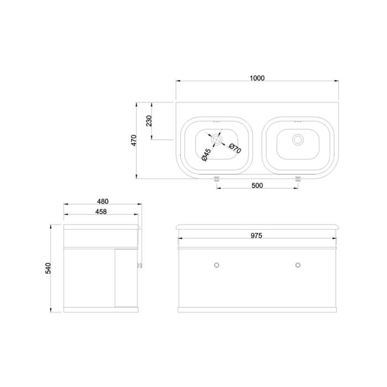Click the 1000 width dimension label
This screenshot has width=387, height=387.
point(257,78)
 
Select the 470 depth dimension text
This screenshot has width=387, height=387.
point(134,140)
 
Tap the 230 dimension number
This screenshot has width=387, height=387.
point(149,121)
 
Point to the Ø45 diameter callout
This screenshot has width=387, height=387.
point(206,155)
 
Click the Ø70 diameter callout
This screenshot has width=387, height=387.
point(235,148)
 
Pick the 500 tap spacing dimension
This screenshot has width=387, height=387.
point(257,185)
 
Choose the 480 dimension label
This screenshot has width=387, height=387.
point(103,201)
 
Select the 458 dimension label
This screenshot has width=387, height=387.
point(101,212)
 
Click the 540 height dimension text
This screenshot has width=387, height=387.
point(48,268)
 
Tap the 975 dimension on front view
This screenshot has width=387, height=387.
point(257,236)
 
